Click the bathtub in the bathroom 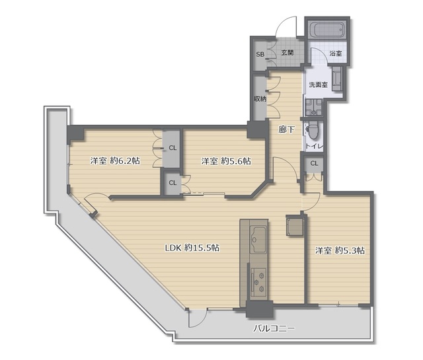coord(327,29)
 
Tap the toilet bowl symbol coord(313,130)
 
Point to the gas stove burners coord(258,282)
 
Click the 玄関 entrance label coord(288,53)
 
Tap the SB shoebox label coord(260,54)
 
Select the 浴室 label coord(336,54)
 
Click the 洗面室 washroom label coord(319,85)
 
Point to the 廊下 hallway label coord(286,130)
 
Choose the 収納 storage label coord(260,99)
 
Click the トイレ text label coord(315,147)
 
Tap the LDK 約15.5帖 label coord(192,248)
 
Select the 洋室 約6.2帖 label coord(115,161)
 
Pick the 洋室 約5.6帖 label coord(226,161)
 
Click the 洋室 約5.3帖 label coord(340,250)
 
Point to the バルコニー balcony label coord(274,328)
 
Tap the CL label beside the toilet coord(314,163)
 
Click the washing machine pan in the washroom coord(314,107)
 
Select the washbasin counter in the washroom coord(337,78)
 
